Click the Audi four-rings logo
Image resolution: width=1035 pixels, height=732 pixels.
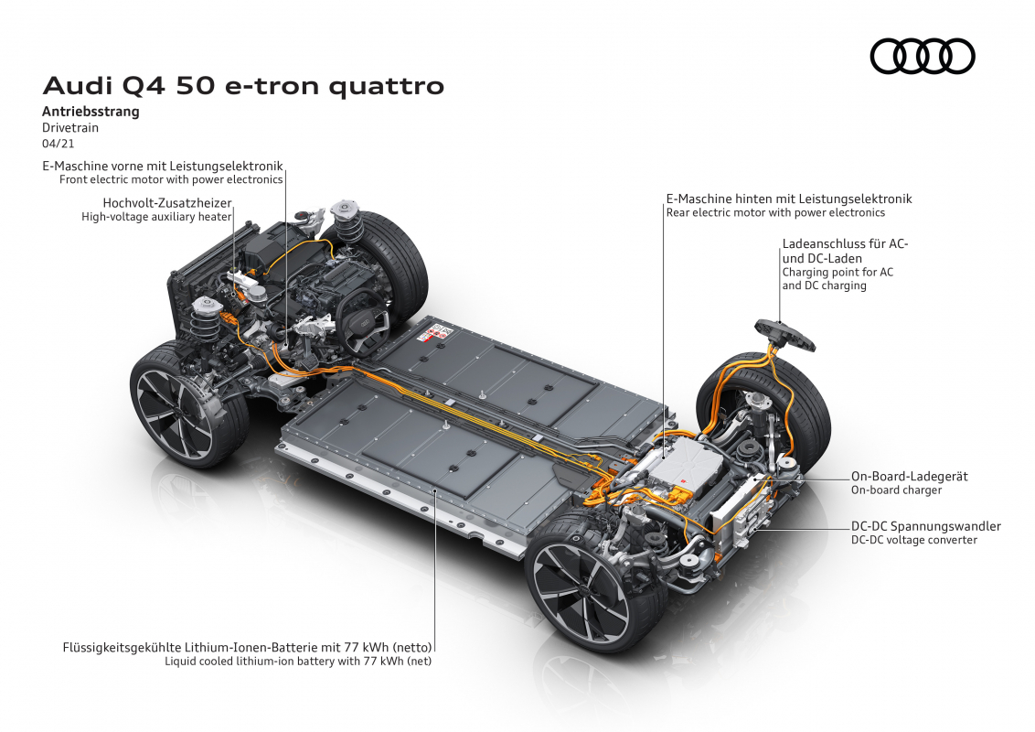tap(923, 56)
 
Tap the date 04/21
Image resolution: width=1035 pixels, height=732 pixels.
tap(59, 144)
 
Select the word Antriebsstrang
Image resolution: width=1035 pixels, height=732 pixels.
tap(91, 111)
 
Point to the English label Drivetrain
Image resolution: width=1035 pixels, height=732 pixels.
tap(70, 127)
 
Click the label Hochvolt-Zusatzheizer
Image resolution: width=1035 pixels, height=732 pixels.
tap(167, 203)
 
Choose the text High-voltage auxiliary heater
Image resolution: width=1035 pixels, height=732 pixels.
tap(156, 217)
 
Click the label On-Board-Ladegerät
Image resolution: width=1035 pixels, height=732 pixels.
tap(909, 477)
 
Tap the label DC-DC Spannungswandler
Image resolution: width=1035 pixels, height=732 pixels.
tap(925, 526)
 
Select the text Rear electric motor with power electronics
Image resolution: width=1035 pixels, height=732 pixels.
tap(775, 212)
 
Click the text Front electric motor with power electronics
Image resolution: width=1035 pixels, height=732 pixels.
tap(171, 179)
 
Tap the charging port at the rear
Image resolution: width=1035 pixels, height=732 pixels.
tap(784, 332)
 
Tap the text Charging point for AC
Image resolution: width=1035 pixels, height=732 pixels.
tap(838, 272)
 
